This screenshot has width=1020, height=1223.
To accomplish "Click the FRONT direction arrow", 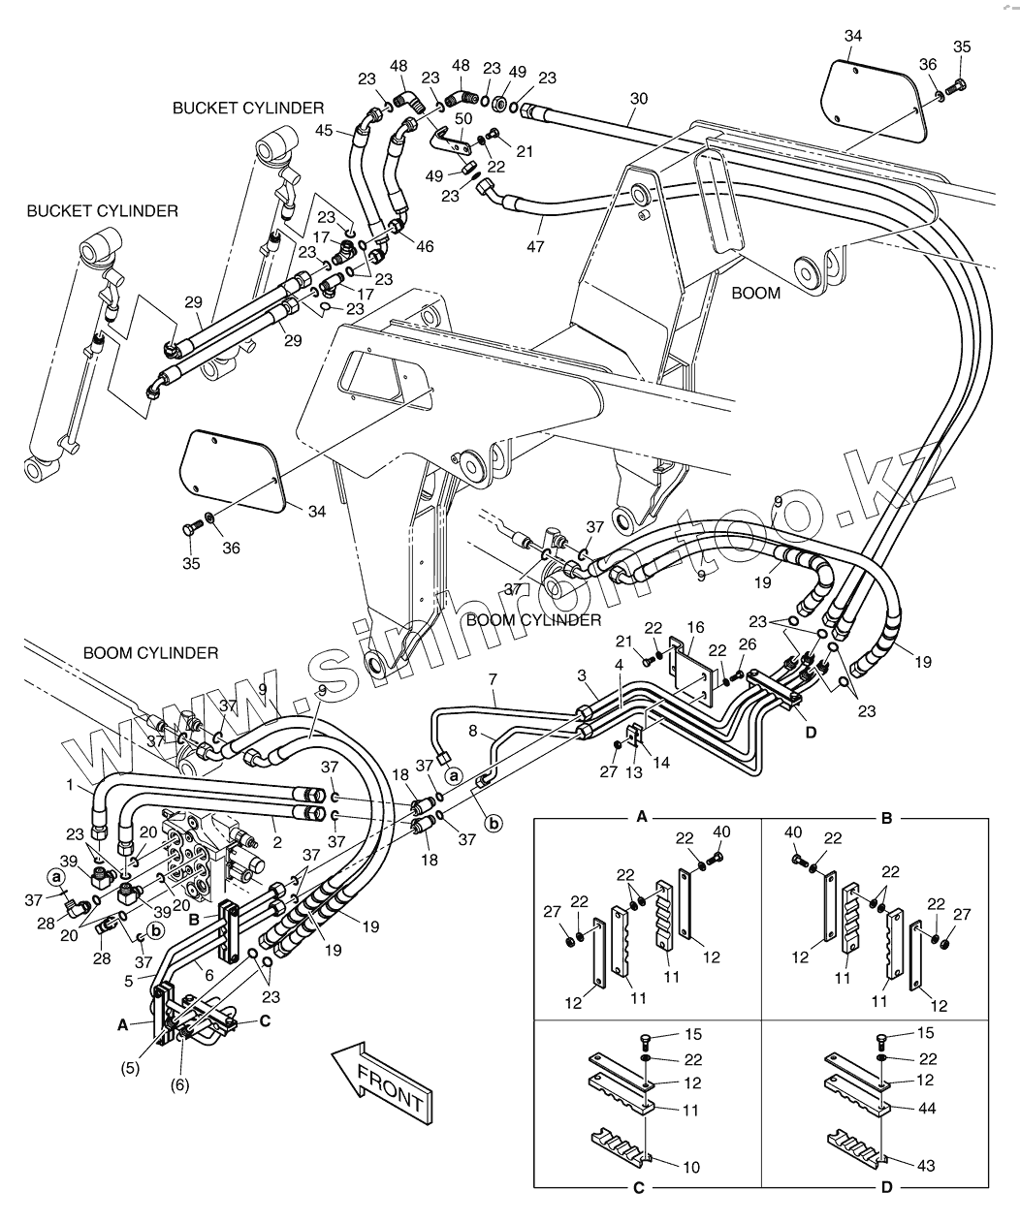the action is click(382, 1082).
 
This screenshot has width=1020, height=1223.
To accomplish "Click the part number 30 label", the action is click(639, 99).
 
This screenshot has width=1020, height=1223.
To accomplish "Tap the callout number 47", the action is click(535, 246).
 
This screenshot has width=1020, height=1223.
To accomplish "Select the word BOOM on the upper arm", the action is click(756, 293).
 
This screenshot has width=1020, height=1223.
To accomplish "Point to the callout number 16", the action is click(695, 628).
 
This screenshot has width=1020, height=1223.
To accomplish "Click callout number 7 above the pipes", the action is click(493, 679).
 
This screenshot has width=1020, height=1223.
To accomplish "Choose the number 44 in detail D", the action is click(927, 1108).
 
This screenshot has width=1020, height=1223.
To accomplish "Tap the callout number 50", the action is click(463, 118).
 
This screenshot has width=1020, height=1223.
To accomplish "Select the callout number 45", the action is click(324, 130).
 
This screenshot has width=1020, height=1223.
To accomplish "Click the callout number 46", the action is click(425, 246).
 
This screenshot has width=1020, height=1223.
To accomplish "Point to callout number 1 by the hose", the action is click(70, 785).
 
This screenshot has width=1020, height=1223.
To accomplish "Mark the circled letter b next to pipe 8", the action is click(494, 824).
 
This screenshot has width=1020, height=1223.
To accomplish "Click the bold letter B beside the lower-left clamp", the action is click(194, 920).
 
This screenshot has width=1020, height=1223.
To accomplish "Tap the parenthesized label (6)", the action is click(179, 1084).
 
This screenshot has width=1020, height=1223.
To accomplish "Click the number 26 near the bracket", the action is click(748, 644).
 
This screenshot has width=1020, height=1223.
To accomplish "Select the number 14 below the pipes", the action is click(660, 763).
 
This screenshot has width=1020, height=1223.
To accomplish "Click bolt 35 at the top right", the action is click(962, 47).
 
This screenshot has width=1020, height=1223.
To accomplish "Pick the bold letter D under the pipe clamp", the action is click(811, 733).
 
